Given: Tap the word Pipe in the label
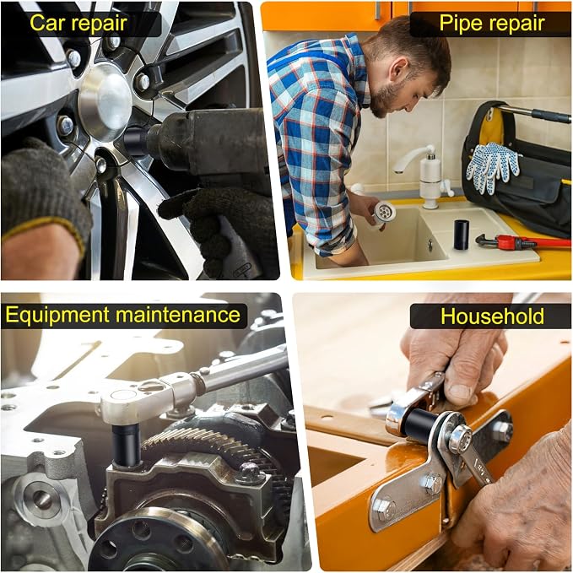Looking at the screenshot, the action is coord(462,24).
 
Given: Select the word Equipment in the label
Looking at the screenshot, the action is coord(57,316).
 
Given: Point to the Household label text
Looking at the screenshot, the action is coord(492,316).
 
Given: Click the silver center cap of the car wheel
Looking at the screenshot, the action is coord(105,102).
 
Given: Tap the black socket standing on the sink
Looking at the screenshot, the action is coord(461,235).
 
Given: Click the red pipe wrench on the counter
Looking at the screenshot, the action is coord(522,241).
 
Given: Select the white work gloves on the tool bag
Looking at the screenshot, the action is coord(493,166).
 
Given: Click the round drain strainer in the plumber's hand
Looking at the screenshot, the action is coord(384,213).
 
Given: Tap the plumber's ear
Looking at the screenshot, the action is coord(397,69).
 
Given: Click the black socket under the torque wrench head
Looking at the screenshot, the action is coord(127,444).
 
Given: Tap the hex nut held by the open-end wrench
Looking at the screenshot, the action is coord(460,439).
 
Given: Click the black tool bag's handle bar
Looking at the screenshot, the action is coord(533,112).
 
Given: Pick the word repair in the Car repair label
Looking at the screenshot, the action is coord(99,24).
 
